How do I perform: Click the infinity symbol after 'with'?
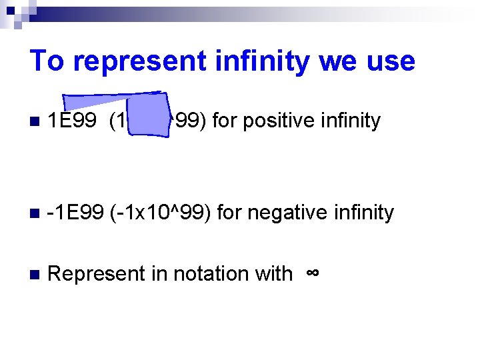pyautogui.click(x=312, y=273)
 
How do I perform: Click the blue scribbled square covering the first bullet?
pyautogui.click(x=150, y=115)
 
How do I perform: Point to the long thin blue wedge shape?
pyautogui.click(x=100, y=100)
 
